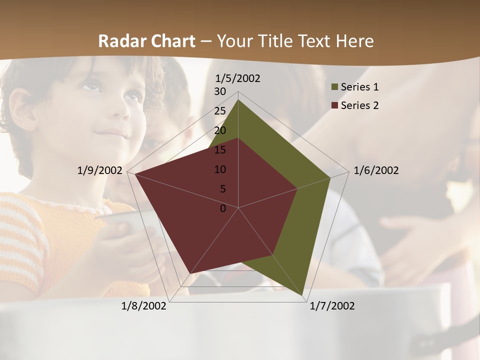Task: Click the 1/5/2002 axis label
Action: click(238, 78)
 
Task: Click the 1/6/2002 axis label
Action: click(376, 170)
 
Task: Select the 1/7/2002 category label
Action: click(332, 306)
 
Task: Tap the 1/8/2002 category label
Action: click(144, 306)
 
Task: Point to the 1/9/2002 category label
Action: click(100, 170)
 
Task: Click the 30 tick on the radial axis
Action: click(220, 91)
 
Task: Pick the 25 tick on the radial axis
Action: click(220, 111)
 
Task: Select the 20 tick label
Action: click(220, 130)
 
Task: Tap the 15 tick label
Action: click(220, 150)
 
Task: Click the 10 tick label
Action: click(220, 169)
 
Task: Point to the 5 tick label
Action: click(223, 189)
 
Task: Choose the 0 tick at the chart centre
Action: click(223, 208)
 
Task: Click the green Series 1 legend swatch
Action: click(334, 87)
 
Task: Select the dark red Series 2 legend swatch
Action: click(334, 105)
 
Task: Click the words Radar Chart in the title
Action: click(146, 41)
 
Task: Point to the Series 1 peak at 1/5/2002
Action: click(238, 100)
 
